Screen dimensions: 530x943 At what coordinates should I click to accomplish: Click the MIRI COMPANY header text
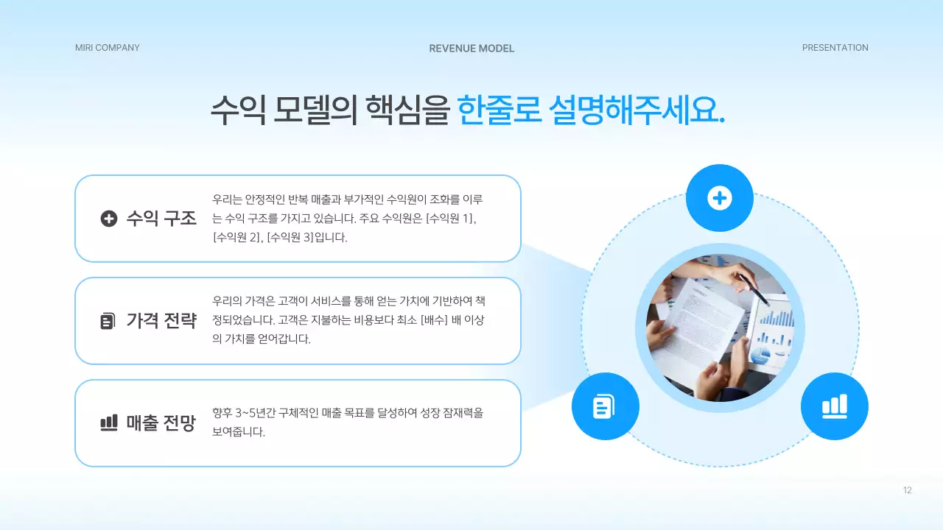click(107, 48)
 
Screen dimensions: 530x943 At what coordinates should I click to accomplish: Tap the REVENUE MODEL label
click(471, 49)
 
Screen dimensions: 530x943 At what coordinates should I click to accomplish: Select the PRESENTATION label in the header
click(835, 48)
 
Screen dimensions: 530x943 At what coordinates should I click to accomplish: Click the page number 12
click(907, 490)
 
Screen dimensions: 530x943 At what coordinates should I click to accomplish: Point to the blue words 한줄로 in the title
click(499, 110)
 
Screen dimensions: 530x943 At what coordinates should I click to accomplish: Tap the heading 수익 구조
click(161, 219)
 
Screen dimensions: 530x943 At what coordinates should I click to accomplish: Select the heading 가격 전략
click(161, 321)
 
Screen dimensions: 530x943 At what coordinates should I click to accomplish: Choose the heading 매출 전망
click(161, 423)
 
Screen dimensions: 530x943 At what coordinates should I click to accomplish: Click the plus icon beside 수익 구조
click(109, 219)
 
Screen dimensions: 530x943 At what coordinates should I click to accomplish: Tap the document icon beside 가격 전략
click(108, 321)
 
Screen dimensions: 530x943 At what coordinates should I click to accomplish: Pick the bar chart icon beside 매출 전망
click(109, 423)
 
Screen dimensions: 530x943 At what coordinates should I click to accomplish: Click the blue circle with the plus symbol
click(719, 198)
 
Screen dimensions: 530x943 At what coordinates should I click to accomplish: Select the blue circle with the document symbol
click(605, 406)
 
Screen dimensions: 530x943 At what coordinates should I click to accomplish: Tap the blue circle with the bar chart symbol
click(834, 406)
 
